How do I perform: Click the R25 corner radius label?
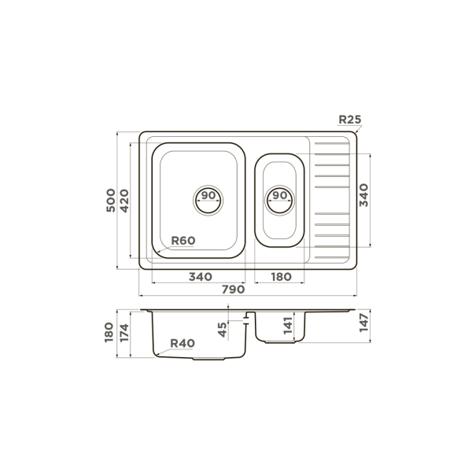point(350,120)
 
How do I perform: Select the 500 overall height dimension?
point(111,200)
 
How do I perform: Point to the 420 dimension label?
point(124,201)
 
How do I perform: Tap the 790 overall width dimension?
point(234,289)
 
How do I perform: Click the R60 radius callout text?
point(183,241)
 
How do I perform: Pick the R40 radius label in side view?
point(183,343)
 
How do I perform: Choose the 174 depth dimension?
point(124,333)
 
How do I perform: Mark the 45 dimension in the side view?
point(222,330)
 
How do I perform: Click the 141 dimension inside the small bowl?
point(288,326)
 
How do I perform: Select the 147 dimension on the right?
point(363,323)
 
